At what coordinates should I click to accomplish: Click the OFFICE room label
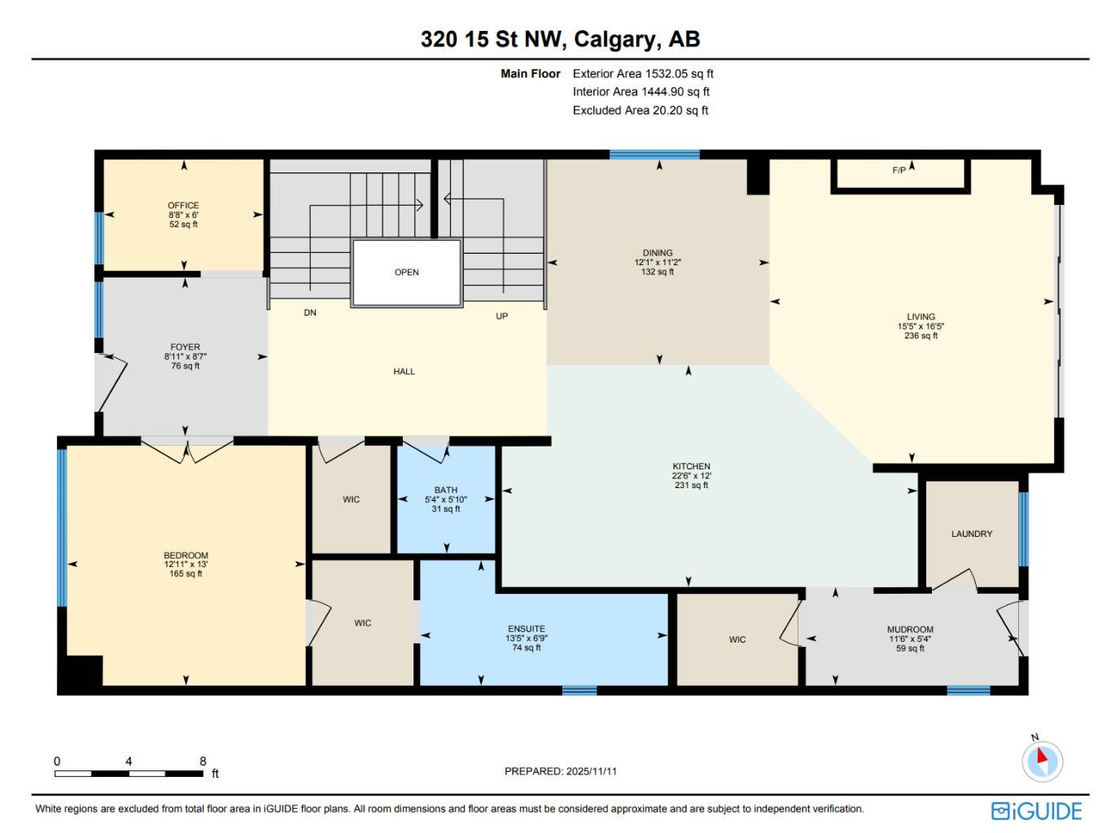pos(183,206)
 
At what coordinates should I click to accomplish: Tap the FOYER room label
pos(185,347)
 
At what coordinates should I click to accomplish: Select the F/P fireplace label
pos(899,171)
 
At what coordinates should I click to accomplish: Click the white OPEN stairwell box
pos(407,273)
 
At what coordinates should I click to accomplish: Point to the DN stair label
pos(310,313)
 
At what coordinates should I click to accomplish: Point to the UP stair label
pos(502,316)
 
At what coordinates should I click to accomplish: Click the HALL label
pos(404,372)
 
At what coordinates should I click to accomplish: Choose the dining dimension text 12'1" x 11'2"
pos(658,263)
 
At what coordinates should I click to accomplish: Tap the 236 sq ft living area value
pos(920,336)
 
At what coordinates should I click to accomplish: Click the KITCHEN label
pos(691,467)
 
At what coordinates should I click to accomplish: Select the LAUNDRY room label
pos(972,534)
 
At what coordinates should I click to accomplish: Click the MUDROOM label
pos(910,630)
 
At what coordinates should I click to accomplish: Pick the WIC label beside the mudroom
pos(737,640)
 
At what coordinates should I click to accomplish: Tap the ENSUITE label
pos(527,629)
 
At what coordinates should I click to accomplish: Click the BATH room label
pos(445,491)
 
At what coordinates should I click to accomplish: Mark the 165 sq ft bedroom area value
pos(186,574)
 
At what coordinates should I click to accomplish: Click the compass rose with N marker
pos(1042,761)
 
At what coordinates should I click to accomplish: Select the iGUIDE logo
pos(1036,811)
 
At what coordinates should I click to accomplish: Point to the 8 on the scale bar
pos(203,761)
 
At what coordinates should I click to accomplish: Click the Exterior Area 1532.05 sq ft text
pos(643,74)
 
